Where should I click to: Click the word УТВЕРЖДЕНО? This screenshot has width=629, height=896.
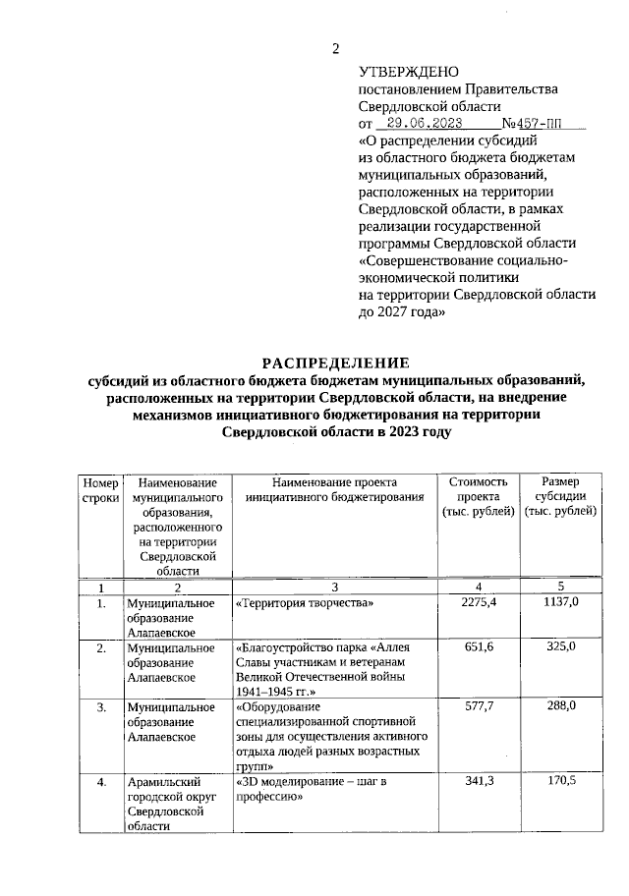pyautogui.click(x=409, y=72)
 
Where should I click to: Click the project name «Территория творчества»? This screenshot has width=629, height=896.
pyautogui.click(x=306, y=602)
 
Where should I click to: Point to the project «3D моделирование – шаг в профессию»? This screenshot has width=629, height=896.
pyautogui.click(x=314, y=789)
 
